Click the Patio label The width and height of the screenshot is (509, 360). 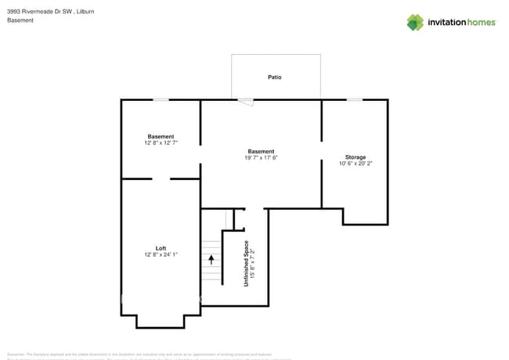pyautogui.click(x=275, y=77)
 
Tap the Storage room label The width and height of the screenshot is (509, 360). pyautogui.click(x=356, y=157)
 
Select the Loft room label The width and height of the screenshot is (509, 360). pyautogui.click(x=161, y=248)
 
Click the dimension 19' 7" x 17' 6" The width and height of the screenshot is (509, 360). pyautogui.click(x=261, y=158)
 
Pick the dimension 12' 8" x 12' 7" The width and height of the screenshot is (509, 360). pyautogui.click(x=161, y=143)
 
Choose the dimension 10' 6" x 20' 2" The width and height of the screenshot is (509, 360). pyautogui.click(x=356, y=164)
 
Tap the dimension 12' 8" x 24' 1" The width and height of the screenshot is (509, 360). pyautogui.click(x=161, y=255)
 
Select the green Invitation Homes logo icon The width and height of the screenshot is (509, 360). pyautogui.click(x=415, y=22)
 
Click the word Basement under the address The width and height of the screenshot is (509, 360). pyautogui.click(x=20, y=20)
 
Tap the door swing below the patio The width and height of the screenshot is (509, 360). pyautogui.click(x=246, y=101)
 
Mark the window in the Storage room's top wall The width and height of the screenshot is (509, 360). pyautogui.click(x=355, y=99)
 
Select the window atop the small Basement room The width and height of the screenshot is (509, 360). pyautogui.click(x=161, y=99)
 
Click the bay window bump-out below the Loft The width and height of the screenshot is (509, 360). pyautogui.click(x=161, y=321)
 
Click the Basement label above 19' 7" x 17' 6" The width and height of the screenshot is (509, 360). pyautogui.click(x=261, y=151)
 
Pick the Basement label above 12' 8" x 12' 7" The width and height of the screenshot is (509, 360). pyautogui.click(x=161, y=136)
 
